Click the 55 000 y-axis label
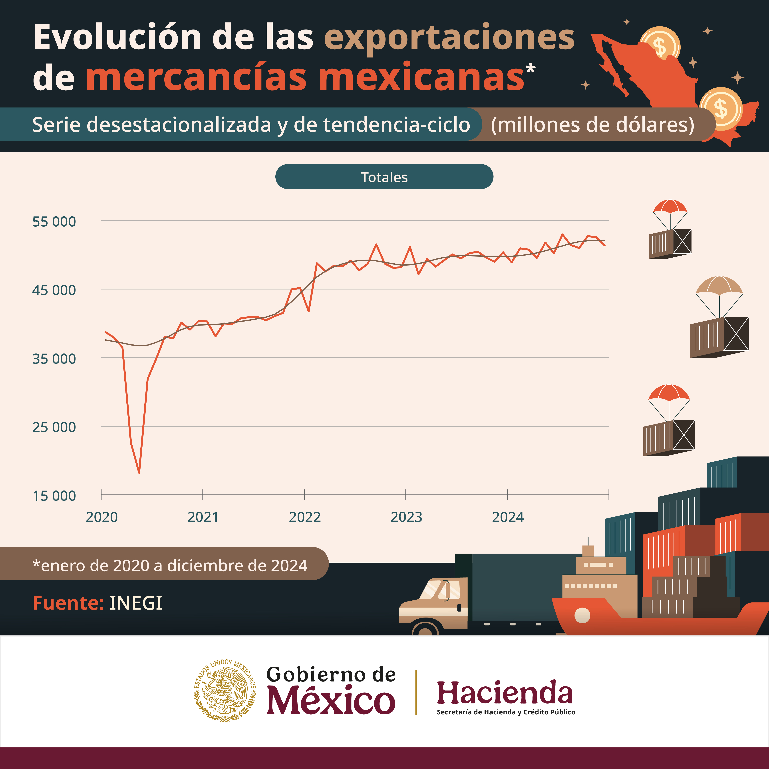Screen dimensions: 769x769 coord(54,222)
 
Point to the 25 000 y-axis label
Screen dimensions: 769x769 coord(54,427)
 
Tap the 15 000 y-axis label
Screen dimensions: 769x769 coord(54,496)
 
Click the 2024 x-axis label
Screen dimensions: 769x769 coord(508,517)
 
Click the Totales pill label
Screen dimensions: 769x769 coord(384,177)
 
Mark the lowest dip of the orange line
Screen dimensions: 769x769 coord(139,473)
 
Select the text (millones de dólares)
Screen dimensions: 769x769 coord(592,125)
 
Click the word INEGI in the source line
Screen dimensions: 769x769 coord(136,603)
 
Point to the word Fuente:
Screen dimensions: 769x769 coord(68,603)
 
